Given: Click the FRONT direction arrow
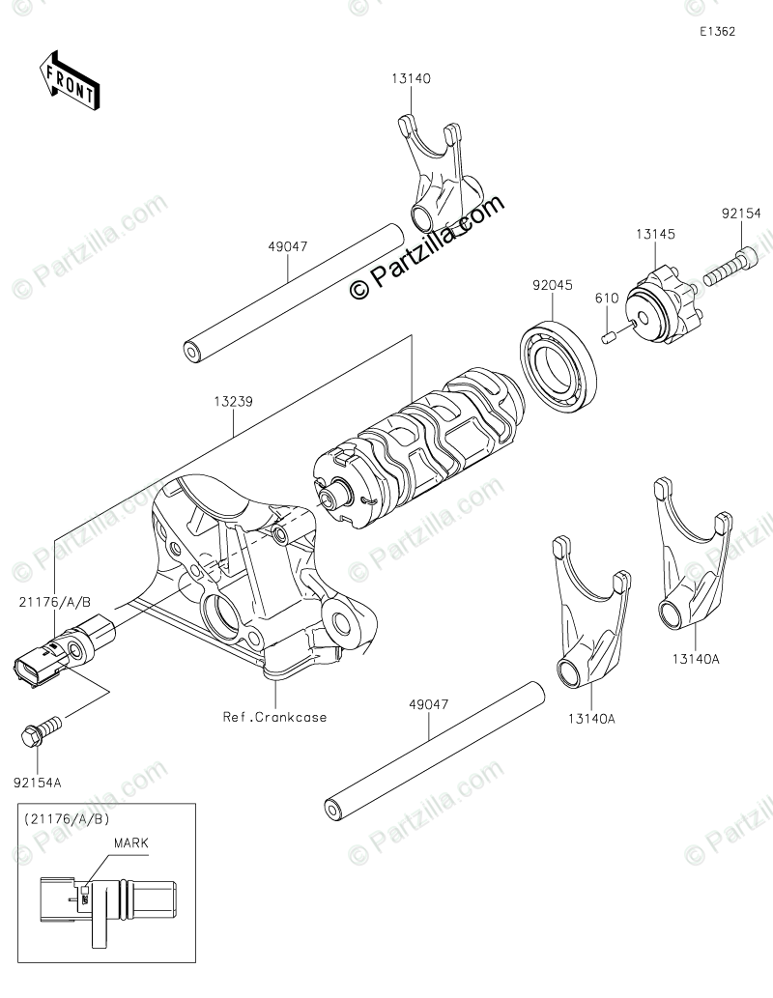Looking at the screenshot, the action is (69, 81).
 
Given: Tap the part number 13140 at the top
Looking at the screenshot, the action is (411, 80).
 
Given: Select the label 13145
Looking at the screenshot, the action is (655, 234).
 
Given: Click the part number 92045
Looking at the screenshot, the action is (551, 285).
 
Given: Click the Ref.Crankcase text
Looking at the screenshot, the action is (275, 717).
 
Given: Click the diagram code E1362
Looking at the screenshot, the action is (718, 31).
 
